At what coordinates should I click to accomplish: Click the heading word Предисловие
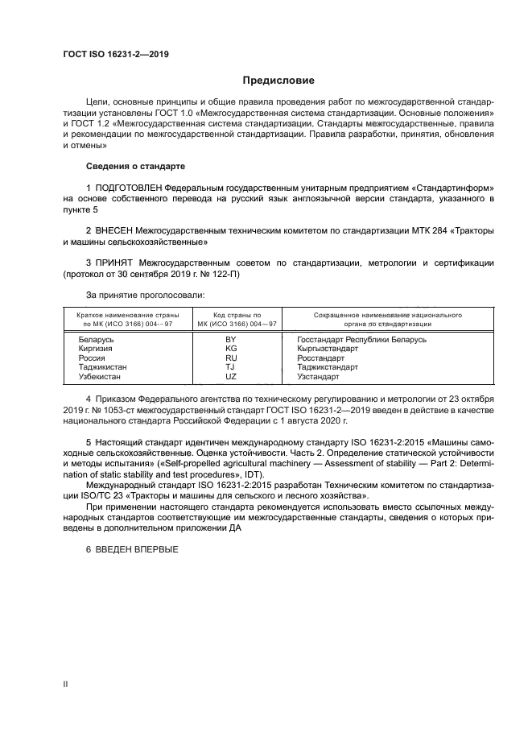tap(279, 81)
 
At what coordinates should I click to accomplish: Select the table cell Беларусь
tap(96, 340)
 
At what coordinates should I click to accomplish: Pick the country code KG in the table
tap(230, 349)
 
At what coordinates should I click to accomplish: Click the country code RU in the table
tap(230, 358)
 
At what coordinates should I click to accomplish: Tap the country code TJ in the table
tap(230, 366)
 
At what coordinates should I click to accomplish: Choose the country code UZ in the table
tap(230, 376)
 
